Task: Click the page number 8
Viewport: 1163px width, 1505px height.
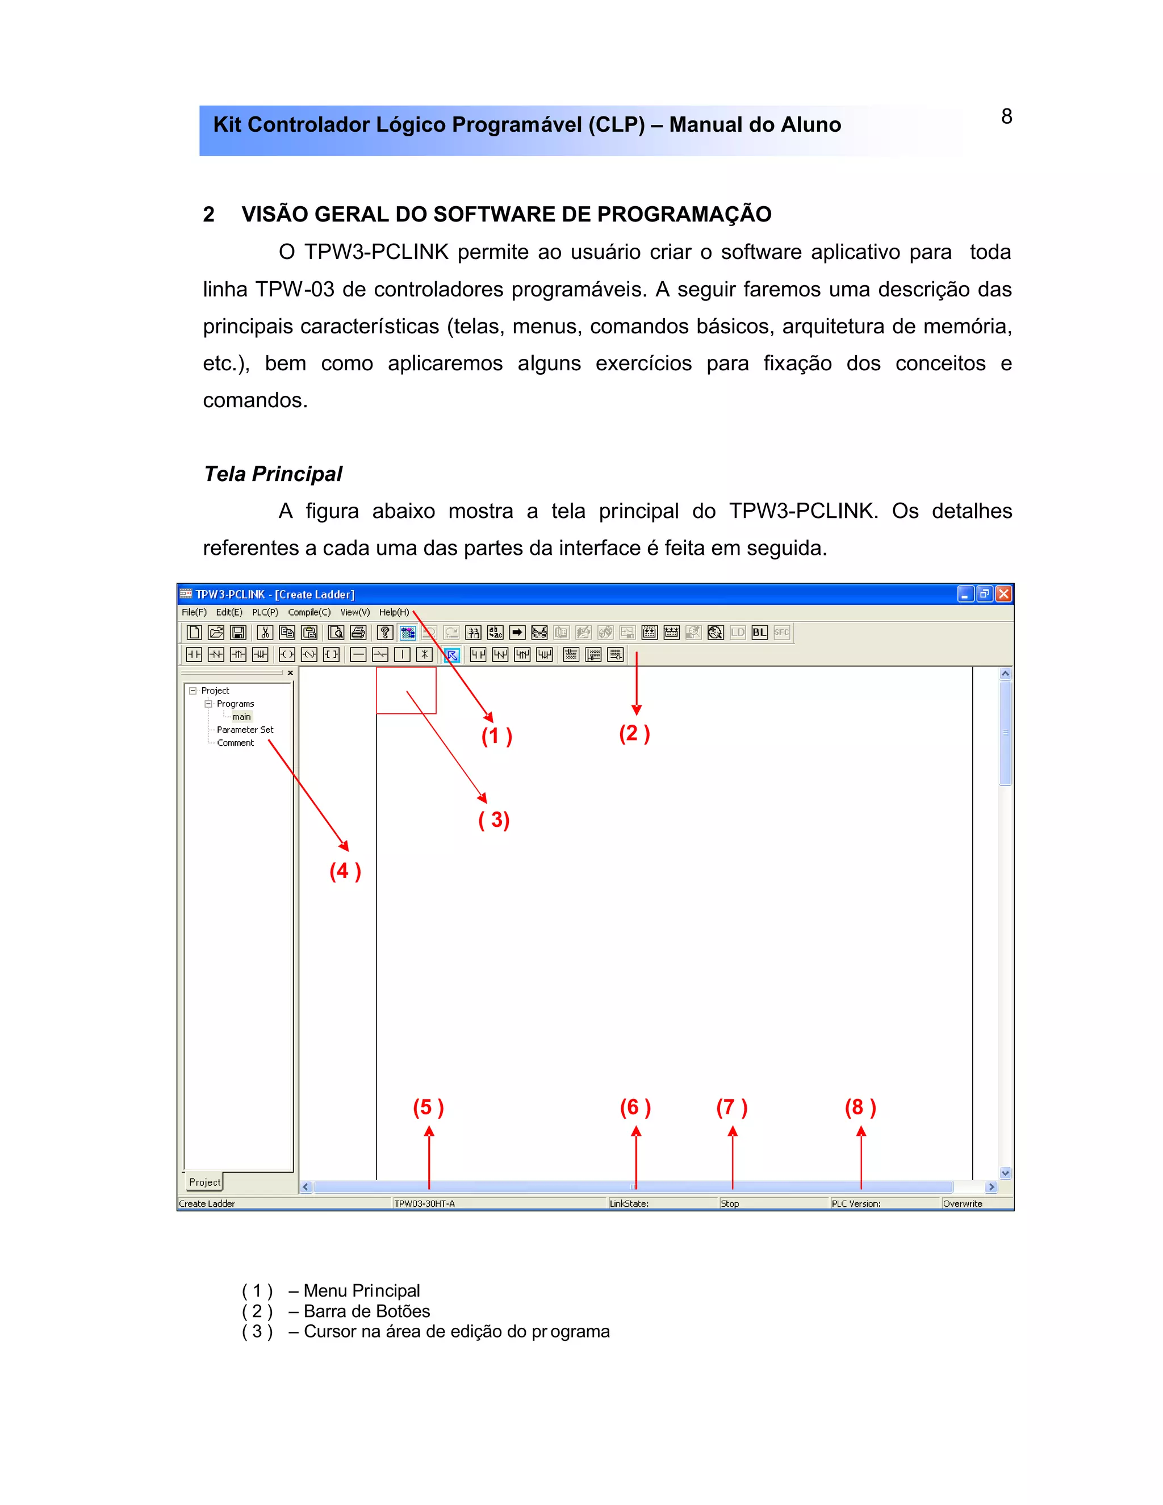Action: [x=1006, y=116]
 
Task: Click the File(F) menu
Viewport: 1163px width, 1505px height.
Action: [x=194, y=612]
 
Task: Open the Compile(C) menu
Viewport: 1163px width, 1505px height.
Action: [x=309, y=612]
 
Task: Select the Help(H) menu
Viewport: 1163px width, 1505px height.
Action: [x=394, y=612]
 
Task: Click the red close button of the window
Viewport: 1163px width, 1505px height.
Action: [x=1004, y=594]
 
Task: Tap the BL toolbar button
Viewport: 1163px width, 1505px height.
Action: [x=759, y=633]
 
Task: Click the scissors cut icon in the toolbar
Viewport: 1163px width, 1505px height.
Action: [x=265, y=633]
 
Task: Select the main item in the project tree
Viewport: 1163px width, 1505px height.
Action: [x=241, y=717]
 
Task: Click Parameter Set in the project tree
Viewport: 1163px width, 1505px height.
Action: [x=245, y=730]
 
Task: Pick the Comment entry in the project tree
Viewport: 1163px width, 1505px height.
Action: [x=235, y=743]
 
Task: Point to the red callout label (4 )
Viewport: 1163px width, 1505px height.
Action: [x=345, y=871]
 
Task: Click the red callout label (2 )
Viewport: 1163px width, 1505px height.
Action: [x=634, y=733]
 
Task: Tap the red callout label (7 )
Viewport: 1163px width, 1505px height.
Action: [x=731, y=1107]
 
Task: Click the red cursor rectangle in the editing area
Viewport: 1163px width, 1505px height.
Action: [x=406, y=690]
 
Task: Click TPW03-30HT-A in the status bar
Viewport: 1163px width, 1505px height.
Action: [x=424, y=1204]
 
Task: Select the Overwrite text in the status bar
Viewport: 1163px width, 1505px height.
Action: [x=963, y=1204]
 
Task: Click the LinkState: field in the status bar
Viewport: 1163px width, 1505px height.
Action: [x=629, y=1204]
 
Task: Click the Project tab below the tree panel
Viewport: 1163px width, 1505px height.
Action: [x=204, y=1182]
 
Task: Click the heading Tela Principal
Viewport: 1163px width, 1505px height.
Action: [x=273, y=474]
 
